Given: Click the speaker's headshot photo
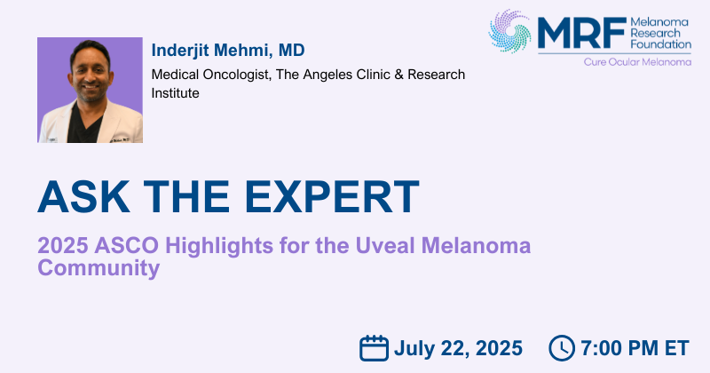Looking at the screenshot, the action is [90, 90].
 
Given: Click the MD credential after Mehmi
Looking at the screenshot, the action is [292, 51].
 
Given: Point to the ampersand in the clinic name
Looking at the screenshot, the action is [398, 75].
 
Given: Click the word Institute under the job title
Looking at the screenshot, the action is [175, 93].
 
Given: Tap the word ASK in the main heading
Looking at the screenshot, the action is [83, 196].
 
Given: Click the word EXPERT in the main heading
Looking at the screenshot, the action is [332, 196].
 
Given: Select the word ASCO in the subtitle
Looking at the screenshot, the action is [127, 246].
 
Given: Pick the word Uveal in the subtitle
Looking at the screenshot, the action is [385, 246].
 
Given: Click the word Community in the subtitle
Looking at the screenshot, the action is [99, 268].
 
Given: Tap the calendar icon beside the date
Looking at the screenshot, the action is [374, 348].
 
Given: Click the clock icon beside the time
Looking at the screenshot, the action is [562, 348].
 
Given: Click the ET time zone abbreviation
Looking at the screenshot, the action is [676, 348].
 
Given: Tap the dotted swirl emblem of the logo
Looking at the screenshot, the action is [509, 31].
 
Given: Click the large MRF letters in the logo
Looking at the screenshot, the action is [582, 33].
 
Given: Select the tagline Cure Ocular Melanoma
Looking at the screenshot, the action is [637, 62].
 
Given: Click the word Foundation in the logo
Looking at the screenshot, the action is [660, 44].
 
